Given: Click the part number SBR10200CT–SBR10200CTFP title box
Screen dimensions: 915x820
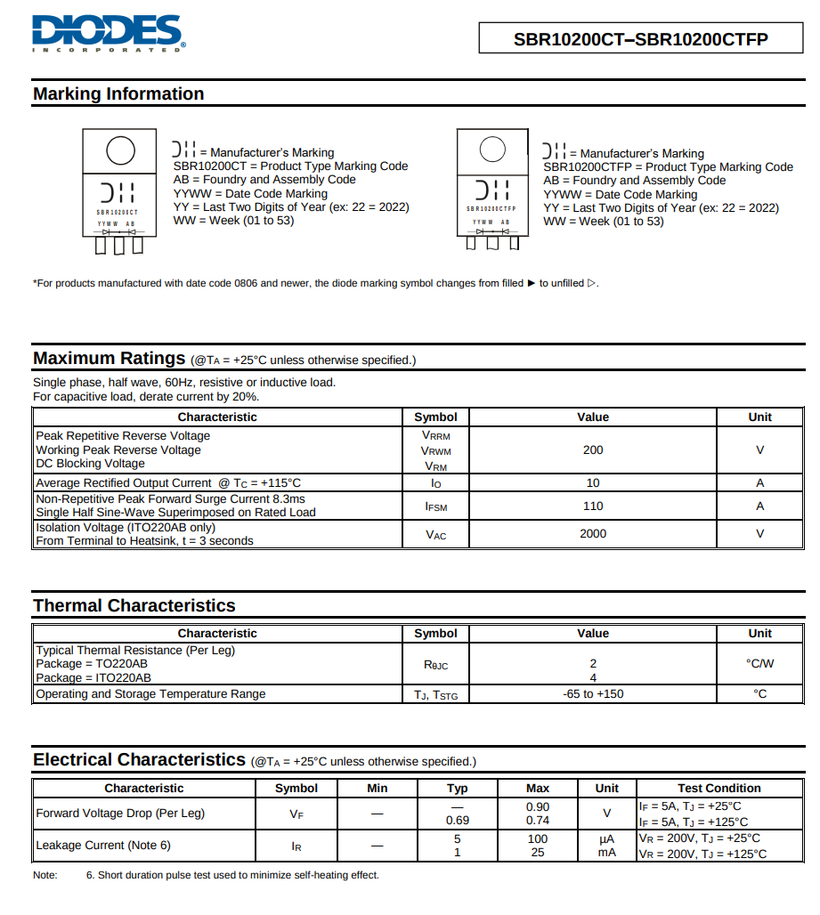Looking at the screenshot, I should (640, 38).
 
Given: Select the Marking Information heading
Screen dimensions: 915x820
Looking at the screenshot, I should (118, 94).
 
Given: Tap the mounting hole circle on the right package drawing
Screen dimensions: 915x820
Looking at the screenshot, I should (492, 150).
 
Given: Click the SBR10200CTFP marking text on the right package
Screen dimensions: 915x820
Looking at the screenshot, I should (491, 208).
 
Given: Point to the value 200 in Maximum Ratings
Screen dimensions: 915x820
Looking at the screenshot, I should (593, 450).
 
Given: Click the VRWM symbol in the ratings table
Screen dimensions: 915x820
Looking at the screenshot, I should (435, 451).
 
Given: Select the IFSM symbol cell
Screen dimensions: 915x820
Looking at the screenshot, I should (435, 506).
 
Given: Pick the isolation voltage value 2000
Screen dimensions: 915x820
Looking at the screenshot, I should (593, 534).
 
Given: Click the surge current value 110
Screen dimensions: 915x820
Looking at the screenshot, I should (593, 506).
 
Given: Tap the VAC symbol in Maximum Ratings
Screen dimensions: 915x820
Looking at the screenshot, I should (435, 535).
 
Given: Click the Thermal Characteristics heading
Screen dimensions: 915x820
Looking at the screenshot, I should (134, 606).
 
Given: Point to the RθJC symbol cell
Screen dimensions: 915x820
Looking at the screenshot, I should (435, 664).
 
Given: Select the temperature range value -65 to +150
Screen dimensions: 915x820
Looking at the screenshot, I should (593, 694).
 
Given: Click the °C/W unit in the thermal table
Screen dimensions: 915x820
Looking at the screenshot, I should (759, 664).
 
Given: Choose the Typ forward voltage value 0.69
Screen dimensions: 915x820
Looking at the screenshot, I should (458, 821).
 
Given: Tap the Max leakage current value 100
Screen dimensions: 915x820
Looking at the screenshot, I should (538, 838).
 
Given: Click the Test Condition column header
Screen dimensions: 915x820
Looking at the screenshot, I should (719, 789).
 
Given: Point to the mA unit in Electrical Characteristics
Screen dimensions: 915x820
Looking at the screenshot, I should (607, 853).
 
